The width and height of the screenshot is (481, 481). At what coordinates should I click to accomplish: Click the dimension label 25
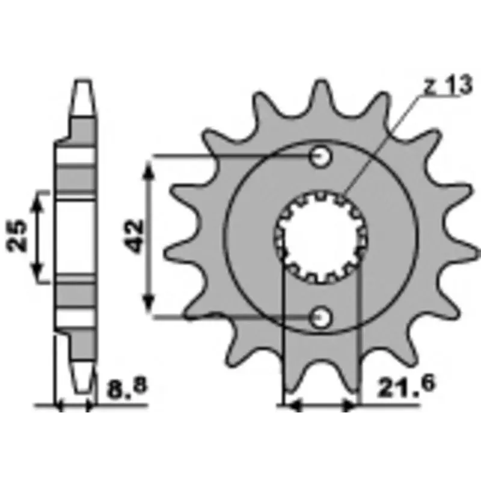pyautogui.click(x=16, y=235)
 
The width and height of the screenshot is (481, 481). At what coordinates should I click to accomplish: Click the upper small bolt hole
pyautogui.click(x=321, y=157)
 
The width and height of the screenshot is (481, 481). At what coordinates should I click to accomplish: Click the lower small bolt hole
pyautogui.click(x=321, y=317)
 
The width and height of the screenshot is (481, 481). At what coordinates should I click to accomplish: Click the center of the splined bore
pyautogui.click(x=321, y=237)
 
